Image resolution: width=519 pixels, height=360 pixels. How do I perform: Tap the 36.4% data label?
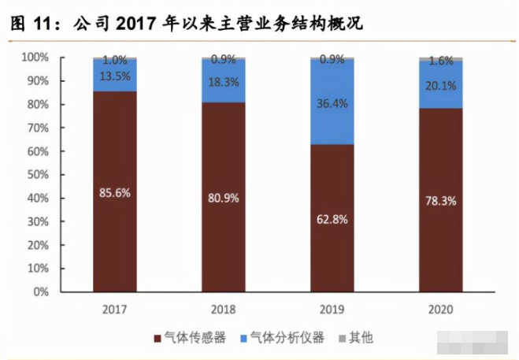coord(332,102)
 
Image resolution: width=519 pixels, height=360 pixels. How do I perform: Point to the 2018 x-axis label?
coord(224,310)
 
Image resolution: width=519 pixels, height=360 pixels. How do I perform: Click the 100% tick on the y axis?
coord(36,58)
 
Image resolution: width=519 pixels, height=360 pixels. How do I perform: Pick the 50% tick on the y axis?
coord(38,175)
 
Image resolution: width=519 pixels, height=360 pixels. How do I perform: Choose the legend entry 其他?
coord(360,338)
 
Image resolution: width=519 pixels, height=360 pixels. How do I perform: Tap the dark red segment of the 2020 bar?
coord(441,236)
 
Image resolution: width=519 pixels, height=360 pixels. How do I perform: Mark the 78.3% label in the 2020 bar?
coord(441,201)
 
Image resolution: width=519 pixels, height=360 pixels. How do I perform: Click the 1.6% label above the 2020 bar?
coord(441,60)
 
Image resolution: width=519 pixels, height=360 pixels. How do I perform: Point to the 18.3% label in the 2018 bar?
coord(224,81)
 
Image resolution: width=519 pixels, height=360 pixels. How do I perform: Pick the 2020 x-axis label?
coord(441,310)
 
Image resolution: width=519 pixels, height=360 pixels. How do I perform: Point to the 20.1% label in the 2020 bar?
coord(441,85)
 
